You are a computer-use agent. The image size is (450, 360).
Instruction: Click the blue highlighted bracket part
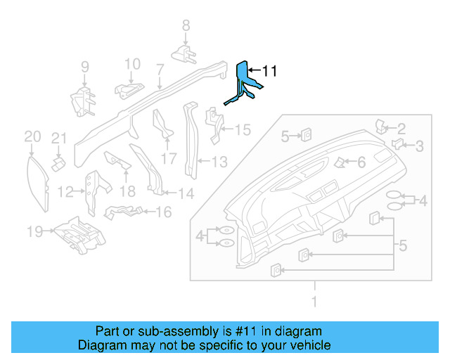pos(243,83)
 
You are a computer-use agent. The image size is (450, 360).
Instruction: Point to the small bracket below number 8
pos(185,53)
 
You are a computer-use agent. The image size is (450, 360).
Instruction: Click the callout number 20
pos(32,136)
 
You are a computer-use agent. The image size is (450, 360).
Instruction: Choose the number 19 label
pos(34,231)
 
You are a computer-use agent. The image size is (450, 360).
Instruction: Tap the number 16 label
pos(162,211)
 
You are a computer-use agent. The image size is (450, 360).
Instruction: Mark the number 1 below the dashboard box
pos(314,302)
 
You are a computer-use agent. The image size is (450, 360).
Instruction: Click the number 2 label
pos(401,129)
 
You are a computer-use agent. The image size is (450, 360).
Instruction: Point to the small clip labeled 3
pos(397,144)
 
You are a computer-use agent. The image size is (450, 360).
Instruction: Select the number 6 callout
pos(361,162)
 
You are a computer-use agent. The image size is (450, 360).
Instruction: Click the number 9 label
pos(84,67)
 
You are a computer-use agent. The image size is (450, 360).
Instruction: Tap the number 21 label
pos(58,137)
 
